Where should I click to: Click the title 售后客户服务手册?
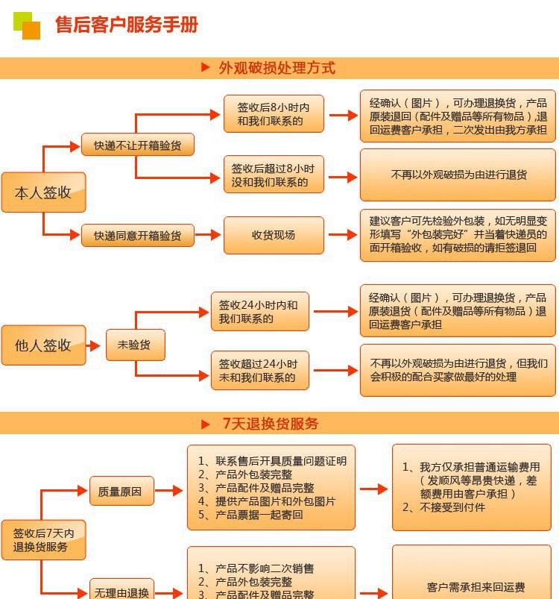pos(126,25)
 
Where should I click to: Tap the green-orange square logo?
pos(27,25)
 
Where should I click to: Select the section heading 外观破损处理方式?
pos(277,68)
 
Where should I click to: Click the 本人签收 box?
pos(43,192)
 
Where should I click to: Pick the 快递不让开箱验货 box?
pos(138,145)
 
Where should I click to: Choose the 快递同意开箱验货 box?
pos(138,235)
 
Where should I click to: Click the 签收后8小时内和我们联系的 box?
pos(274,114)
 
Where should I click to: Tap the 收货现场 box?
pos(274,235)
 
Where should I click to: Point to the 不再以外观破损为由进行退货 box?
pos(458,175)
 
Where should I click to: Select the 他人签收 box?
pos(43,345)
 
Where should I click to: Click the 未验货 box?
pos(136,345)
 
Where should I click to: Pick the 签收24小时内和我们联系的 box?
pos(260,311)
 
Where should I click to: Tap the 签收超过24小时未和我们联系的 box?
pos(260,370)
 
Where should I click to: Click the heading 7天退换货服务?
pos(271,423)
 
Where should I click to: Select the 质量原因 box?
pos(121,491)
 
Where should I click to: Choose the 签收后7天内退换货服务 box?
pos(43,540)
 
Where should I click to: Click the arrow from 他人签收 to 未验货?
pos(93,346)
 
